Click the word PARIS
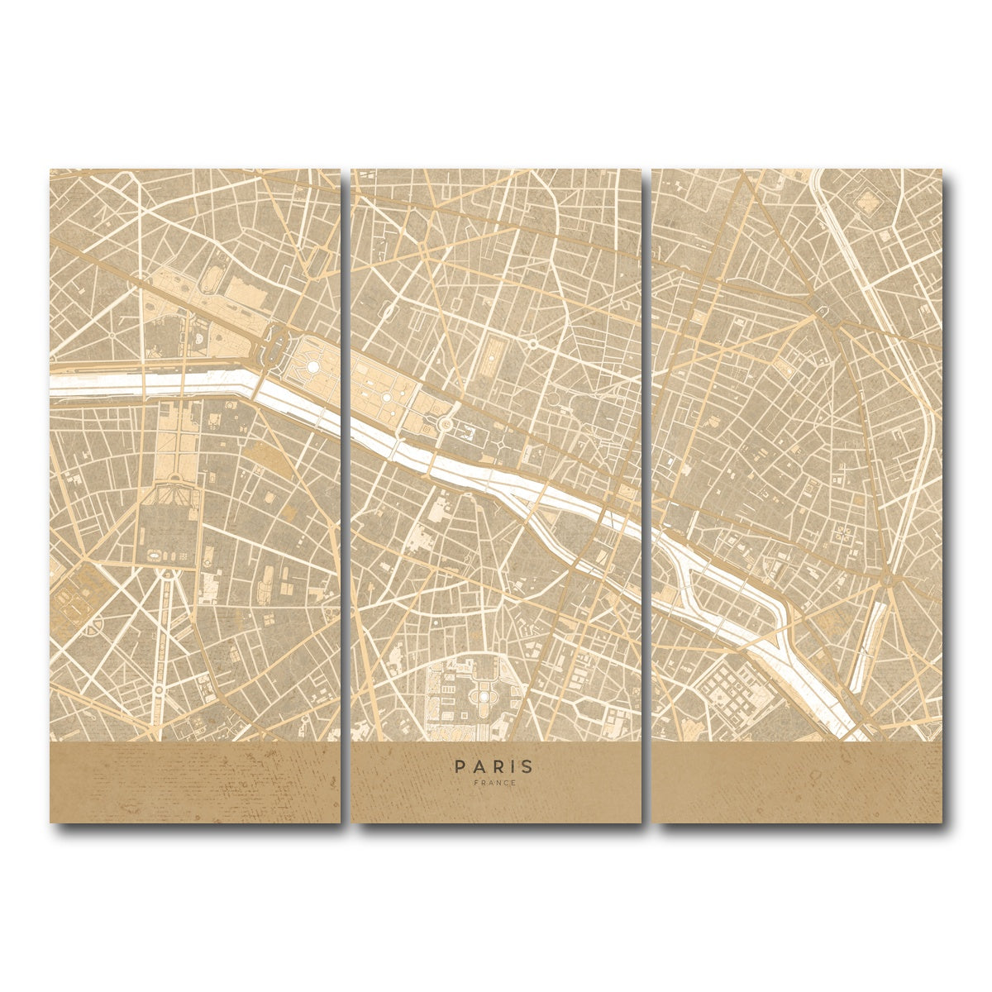point(494,767)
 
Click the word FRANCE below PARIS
point(494,783)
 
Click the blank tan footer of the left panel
point(194,781)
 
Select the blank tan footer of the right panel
point(796,781)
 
